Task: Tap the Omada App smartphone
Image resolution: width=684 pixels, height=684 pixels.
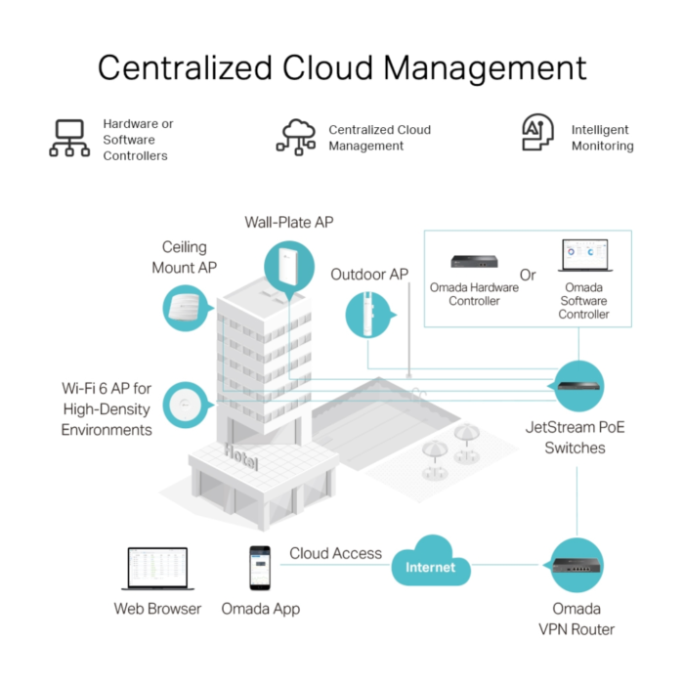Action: (259, 568)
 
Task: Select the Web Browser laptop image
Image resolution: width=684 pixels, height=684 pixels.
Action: (156, 569)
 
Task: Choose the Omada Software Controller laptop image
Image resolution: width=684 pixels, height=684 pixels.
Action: (584, 257)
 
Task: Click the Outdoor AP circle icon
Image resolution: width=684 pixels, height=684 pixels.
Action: (370, 316)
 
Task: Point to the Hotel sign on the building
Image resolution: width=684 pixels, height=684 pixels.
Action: (241, 455)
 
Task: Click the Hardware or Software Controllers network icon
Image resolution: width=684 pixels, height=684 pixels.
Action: (69, 139)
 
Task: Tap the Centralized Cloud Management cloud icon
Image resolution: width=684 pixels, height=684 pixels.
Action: (296, 137)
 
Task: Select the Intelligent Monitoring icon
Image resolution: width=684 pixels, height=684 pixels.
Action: (534, 135)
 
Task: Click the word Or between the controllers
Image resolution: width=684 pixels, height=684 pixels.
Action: (528, 275)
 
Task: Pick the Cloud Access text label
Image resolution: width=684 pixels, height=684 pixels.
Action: (335, 553)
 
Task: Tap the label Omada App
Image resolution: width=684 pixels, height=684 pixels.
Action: (260, 609)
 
